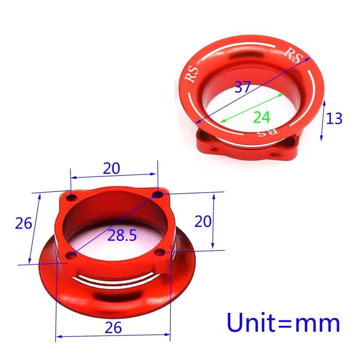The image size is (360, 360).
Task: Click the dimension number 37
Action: (x=243, y=87)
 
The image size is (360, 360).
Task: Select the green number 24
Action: (x=261, y=118)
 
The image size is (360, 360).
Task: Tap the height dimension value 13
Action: (x=334, y=118)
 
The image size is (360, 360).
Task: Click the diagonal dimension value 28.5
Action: (x=122, y=235)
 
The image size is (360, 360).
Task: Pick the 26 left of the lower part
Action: (x=23, y=223)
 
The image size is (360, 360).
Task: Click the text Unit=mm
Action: (x=283, y=323)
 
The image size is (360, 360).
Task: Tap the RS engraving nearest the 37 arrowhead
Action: (x=293, y=55)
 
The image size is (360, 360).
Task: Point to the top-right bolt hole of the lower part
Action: (x=159, y=194)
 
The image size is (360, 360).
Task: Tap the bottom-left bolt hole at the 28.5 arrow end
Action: (x=71, y=255)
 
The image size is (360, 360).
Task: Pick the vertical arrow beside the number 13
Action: (x=323, y=120)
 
